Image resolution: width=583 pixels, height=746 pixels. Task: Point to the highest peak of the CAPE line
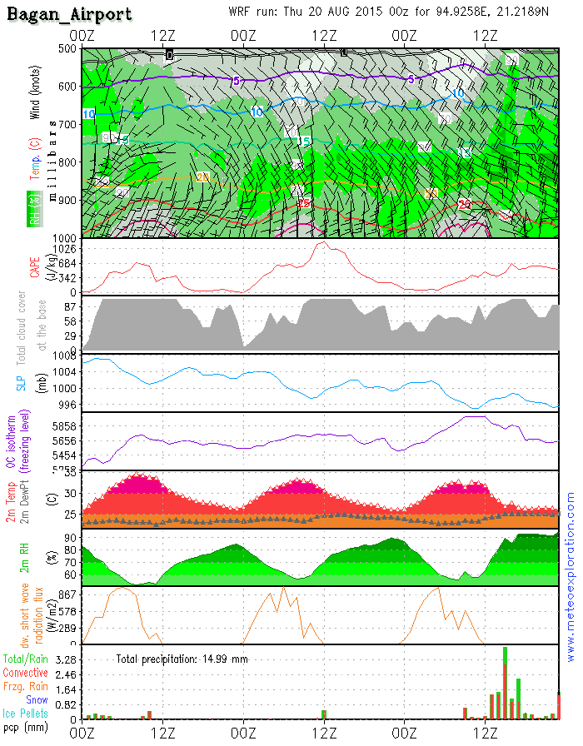point(321,242)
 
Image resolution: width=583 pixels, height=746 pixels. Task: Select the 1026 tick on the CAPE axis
point(64,250)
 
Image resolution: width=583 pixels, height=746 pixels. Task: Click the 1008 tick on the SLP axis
point(64,356)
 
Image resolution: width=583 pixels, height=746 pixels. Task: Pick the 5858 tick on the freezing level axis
point(64,425)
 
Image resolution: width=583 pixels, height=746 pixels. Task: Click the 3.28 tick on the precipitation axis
point(64,659)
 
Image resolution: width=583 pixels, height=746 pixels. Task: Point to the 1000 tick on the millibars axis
point(64,237)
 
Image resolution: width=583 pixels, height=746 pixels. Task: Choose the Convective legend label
point(25,673)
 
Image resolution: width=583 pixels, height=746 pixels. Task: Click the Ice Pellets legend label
point(25,714)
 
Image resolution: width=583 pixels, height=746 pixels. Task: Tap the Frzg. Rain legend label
point(26,687)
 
